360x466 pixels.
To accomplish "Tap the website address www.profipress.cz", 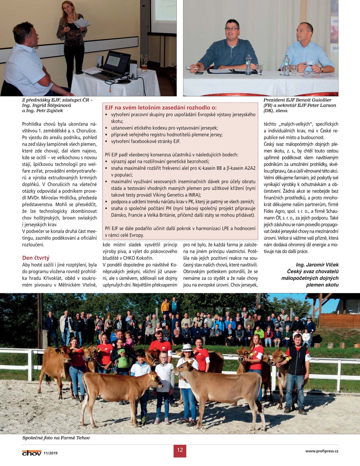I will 322,451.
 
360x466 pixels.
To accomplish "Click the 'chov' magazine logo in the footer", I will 32,453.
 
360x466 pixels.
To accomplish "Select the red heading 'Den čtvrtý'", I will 36,258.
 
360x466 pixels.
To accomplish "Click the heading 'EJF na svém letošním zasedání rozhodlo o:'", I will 161,107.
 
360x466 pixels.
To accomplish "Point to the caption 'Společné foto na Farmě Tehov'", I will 56,438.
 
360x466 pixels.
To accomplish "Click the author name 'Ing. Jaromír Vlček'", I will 317,265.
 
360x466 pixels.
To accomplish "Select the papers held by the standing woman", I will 81,23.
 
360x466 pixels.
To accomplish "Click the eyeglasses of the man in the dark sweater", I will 231,29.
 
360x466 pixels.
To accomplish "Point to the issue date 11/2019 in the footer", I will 50,453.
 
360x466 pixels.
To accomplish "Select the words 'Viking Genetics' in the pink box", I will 168,195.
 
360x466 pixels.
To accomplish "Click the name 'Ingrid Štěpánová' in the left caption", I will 52,105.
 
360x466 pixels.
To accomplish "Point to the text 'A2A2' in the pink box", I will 250,168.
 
